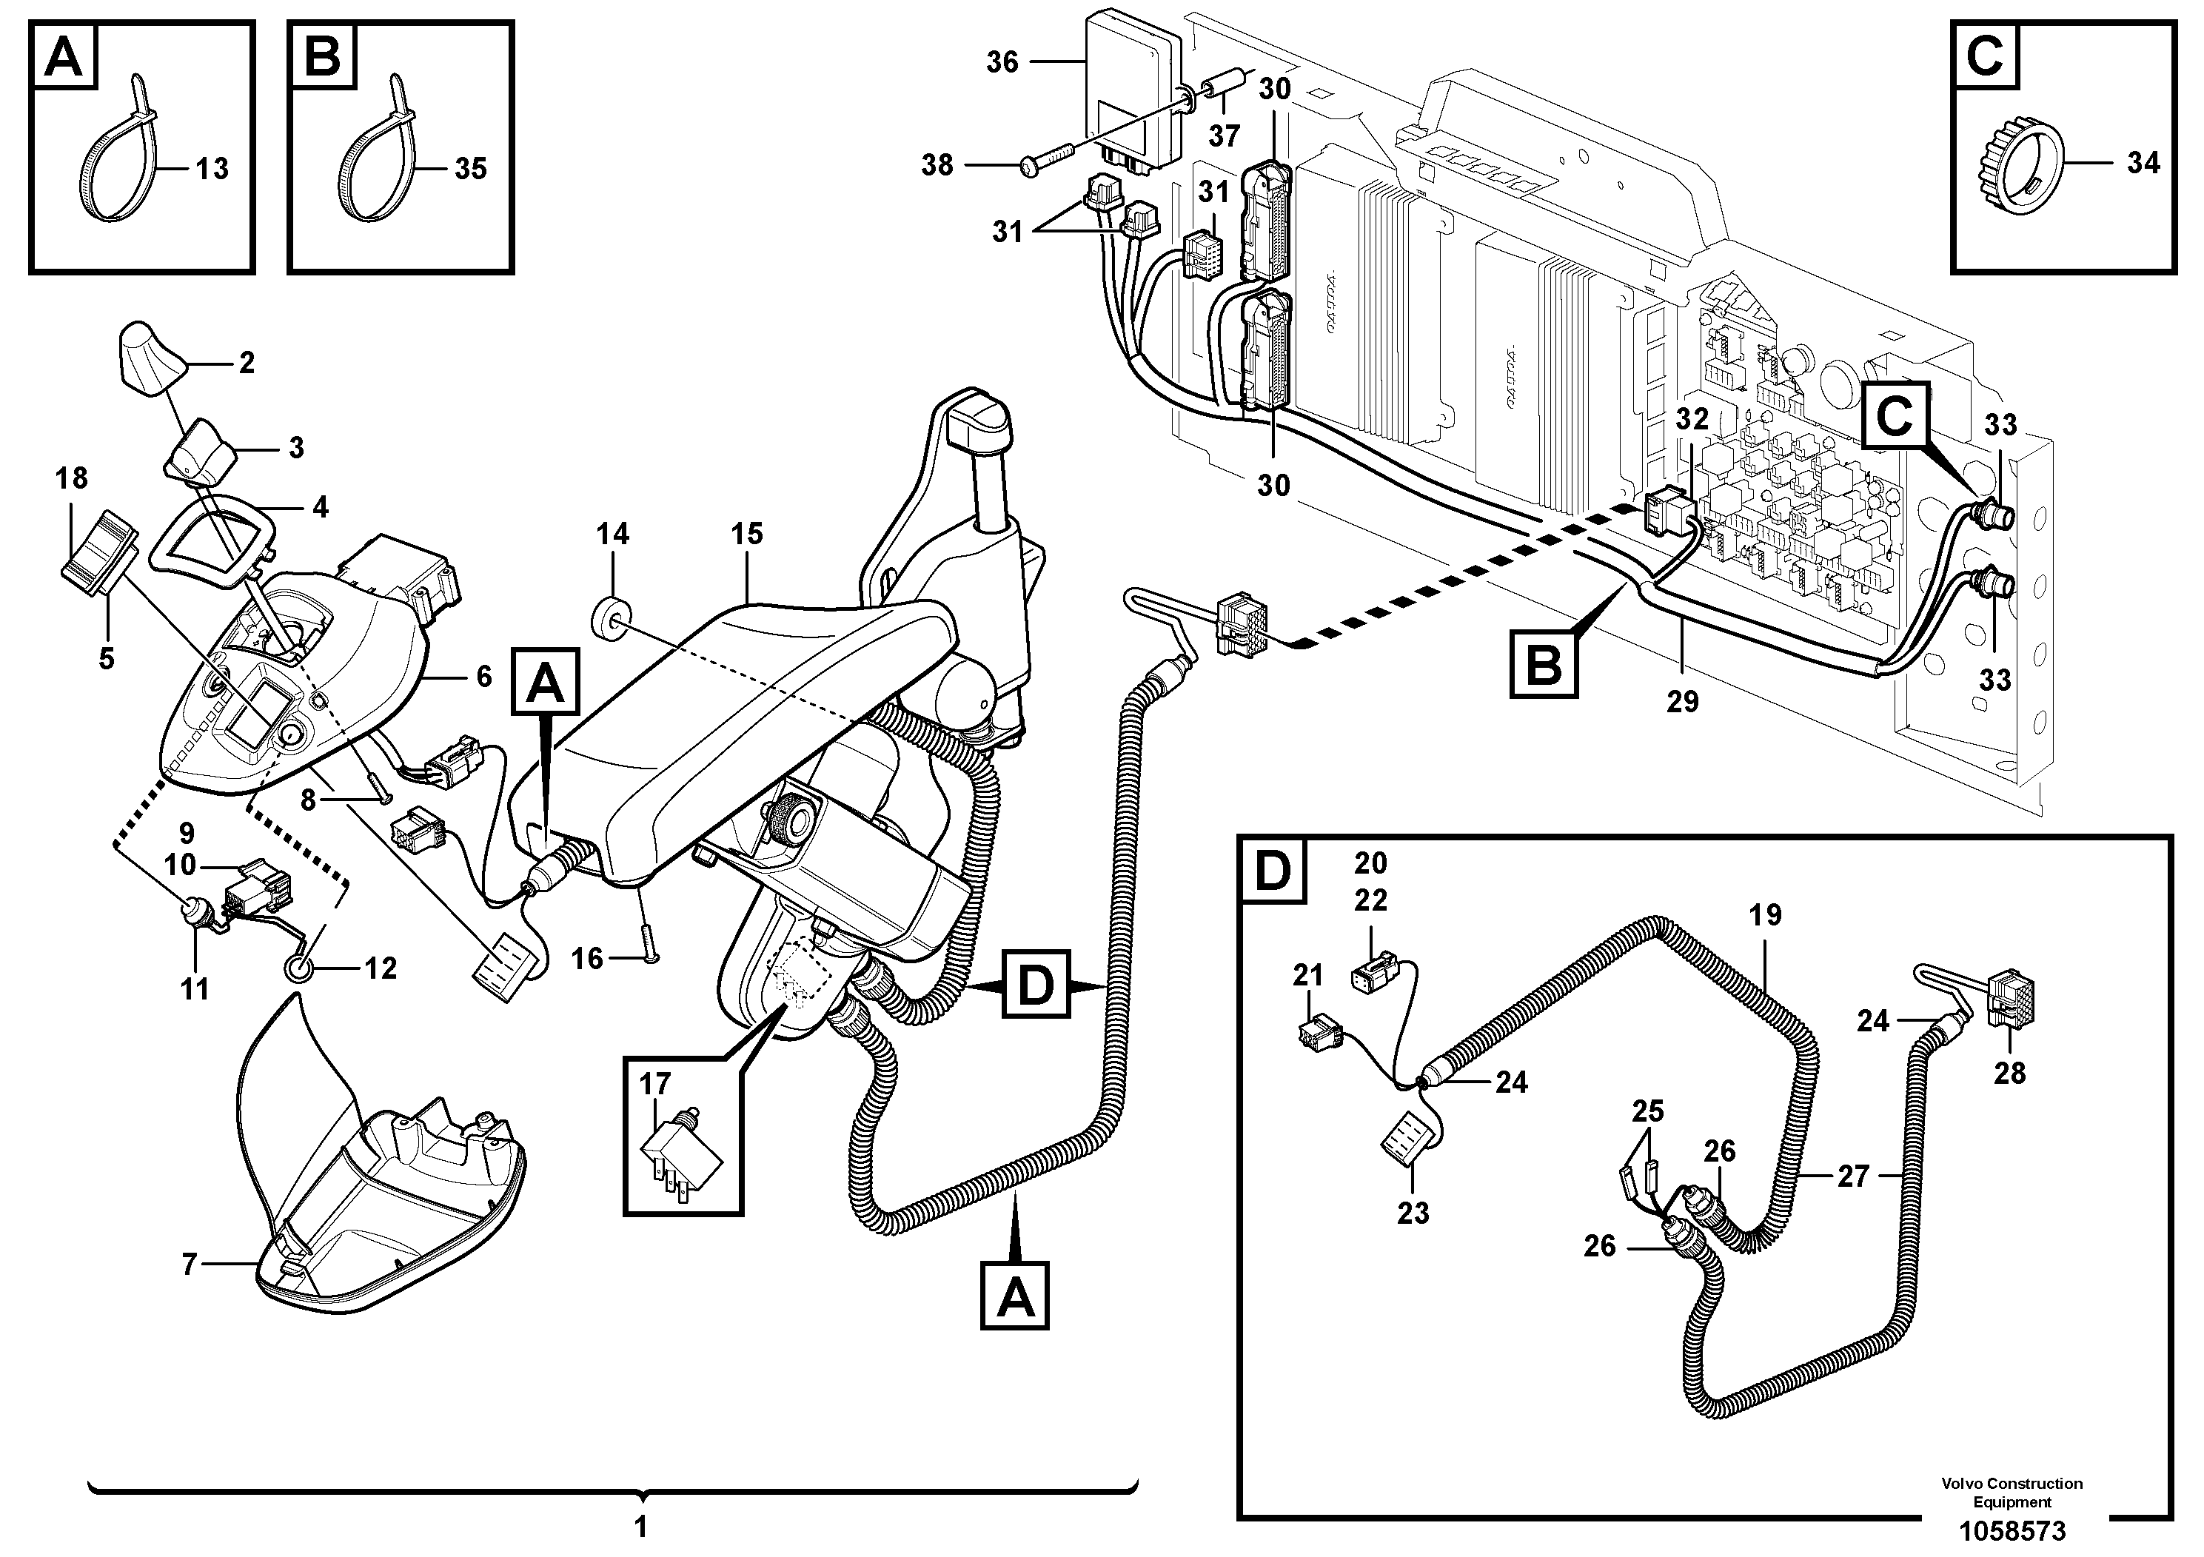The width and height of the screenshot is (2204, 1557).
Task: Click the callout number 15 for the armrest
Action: (x=747, y=534)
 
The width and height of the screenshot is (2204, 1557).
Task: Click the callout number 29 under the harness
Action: (x=1683, y=702)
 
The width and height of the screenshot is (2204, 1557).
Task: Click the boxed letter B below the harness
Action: (x=1544, y=663)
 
